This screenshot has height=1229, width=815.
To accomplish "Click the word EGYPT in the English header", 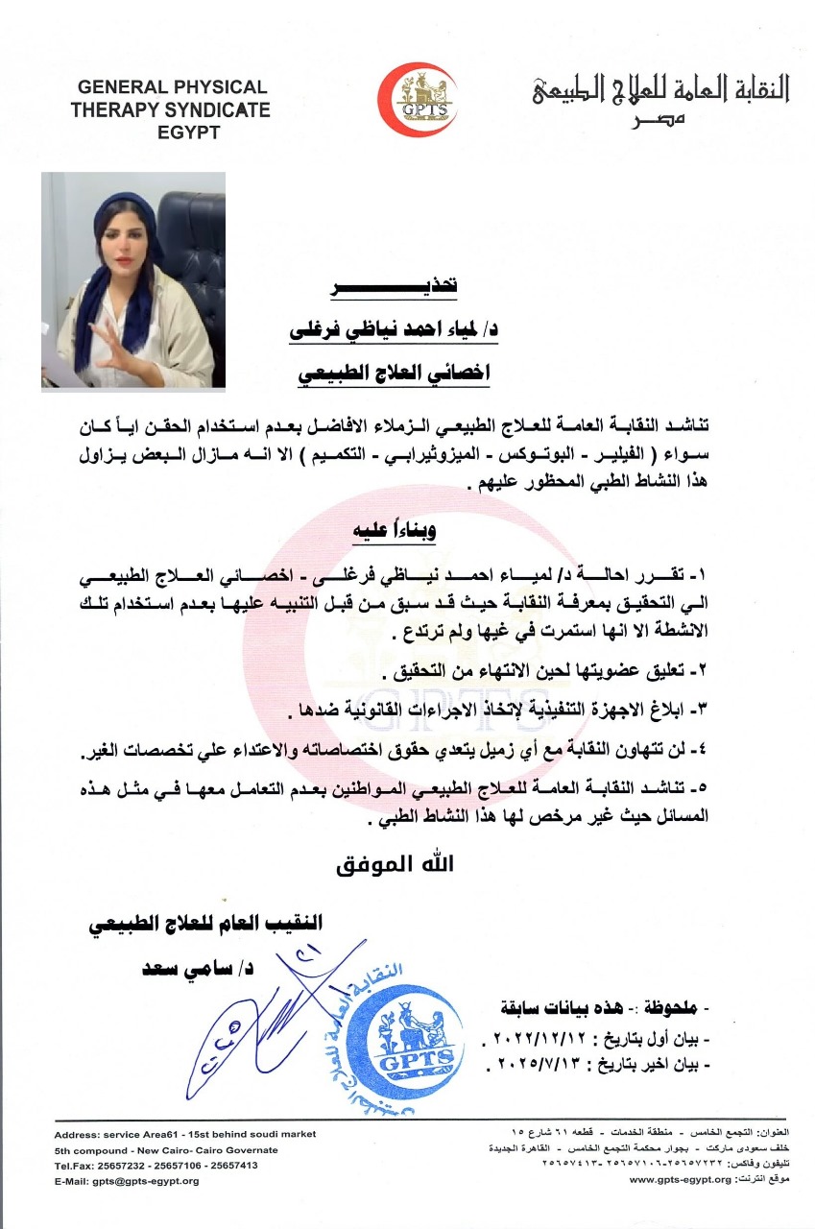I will [x=188, y=132].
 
